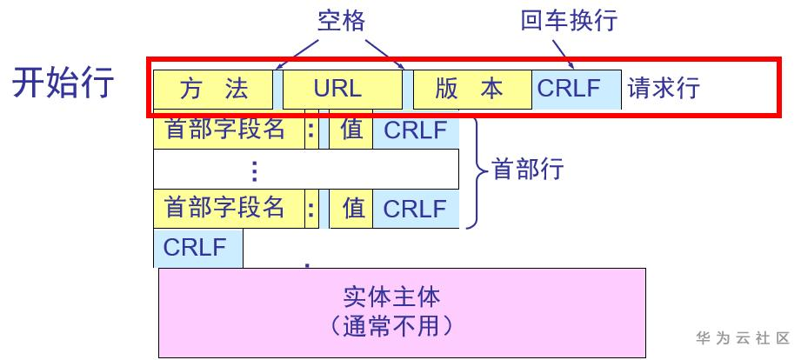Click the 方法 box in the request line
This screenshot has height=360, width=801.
[213, 89]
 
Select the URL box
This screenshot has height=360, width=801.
[343, 89]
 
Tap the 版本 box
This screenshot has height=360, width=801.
[471, 89]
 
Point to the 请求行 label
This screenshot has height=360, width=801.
[664, 89]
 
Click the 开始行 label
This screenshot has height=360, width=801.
[63, 83]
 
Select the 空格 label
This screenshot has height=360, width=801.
[340, 20]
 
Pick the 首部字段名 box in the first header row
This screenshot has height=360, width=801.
[228, 130]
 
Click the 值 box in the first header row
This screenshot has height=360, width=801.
[351, 130]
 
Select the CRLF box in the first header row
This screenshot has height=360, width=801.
[416, 130]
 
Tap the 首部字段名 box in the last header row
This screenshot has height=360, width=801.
[228, 209]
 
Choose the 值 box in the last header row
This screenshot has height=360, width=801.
[351, 209]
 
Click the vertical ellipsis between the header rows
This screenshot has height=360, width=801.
[254, 170]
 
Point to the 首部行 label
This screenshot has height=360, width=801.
[528, 169]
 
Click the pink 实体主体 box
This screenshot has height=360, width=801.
[402, 312]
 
